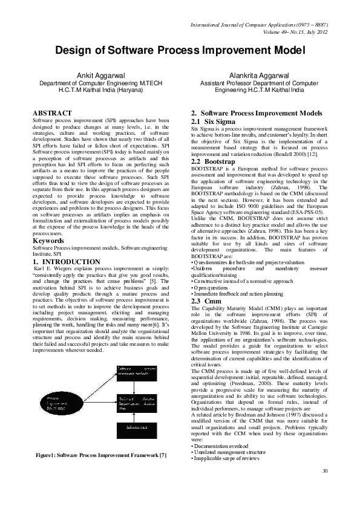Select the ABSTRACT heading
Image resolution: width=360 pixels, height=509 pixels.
point(52,113)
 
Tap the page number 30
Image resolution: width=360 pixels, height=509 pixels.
point(324,488)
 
